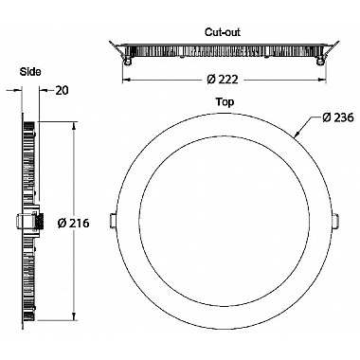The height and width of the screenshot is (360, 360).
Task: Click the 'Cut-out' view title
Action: coord(223,32)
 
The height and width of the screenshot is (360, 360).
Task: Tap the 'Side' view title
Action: coord(30,72)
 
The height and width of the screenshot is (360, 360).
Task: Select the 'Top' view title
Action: coord(225,102)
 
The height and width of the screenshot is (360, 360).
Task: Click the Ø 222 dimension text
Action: coord(223,80)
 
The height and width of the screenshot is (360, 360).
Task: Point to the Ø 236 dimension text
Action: coord(338,117)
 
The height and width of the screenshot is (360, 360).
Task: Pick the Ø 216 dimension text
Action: coord(74,224)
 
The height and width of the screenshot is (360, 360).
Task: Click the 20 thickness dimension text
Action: coord(62,91)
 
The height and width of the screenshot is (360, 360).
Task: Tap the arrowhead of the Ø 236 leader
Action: coord(297,135)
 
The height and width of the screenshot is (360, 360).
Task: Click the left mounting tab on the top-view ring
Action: coord(112,220)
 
